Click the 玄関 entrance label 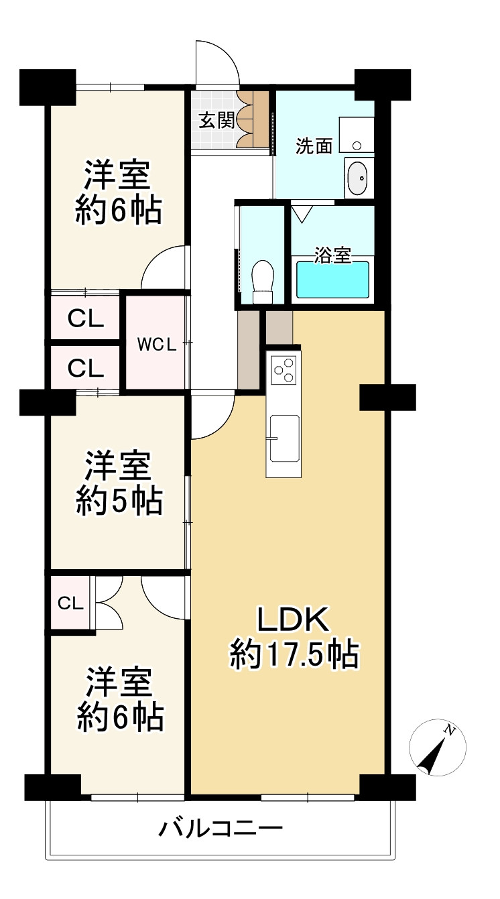(216, 120)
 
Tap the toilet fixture (263, 282)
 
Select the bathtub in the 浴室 (332, 280)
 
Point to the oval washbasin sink (357, 178)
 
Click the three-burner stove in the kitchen (284, 370)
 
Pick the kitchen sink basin (284, 438)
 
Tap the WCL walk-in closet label (156, 345)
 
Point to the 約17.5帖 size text (294, 656)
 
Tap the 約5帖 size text (119, 501)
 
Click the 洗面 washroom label (314, 146)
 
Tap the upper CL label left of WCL (86, 319)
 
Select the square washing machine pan (357, 135)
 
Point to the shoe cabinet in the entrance (253, 119)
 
